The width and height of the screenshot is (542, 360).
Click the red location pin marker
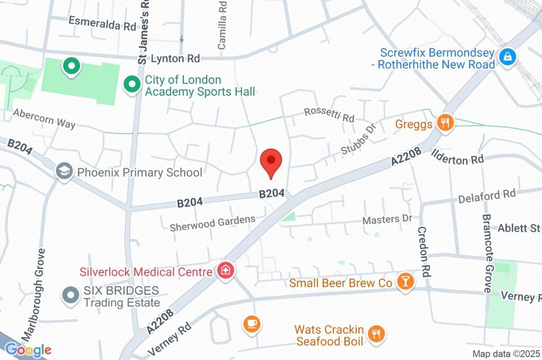(272, 161)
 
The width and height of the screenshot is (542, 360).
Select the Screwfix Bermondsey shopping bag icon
(508, 57)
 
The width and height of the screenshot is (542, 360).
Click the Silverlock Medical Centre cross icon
(225, 271)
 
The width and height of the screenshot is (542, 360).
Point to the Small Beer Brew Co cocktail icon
(405, 282)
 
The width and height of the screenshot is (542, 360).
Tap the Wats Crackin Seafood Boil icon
(377, 334)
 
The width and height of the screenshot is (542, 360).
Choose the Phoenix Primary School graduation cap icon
(65, 172)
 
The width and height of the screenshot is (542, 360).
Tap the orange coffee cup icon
(251, 323)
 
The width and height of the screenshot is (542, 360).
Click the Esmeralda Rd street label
(102, 23)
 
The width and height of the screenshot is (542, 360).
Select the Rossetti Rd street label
(329, 114)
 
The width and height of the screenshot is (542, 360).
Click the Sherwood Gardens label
(212, 223)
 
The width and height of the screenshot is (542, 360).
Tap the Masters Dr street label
(386, 219)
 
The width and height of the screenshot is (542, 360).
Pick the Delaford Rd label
(486, 196)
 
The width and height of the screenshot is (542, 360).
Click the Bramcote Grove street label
(487, 254)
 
